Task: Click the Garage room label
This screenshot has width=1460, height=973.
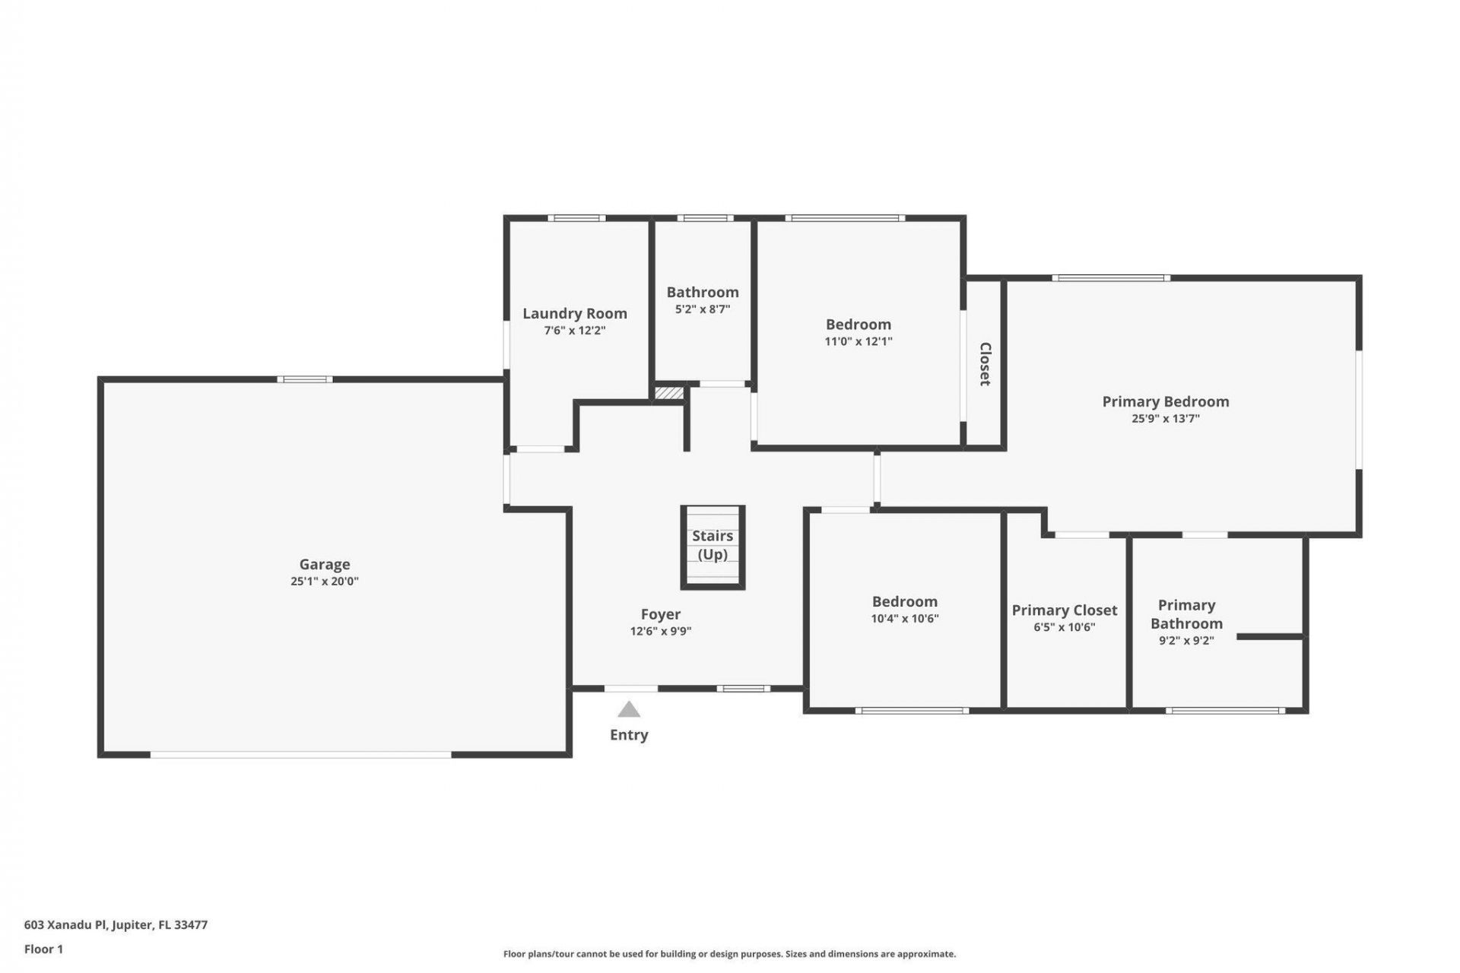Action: (325, 564)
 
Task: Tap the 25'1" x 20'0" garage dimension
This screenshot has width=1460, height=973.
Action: (325, 582)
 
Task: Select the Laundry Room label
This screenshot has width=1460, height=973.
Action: (575, 313)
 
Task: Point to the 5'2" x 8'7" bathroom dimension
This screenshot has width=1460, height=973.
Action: (703, 309)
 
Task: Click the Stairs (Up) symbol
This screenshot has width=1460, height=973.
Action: (713, 547)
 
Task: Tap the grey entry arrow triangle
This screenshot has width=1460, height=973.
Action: (629, 710)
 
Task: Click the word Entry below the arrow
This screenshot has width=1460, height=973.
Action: (629, 735)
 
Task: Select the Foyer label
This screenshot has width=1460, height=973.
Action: (660, 614)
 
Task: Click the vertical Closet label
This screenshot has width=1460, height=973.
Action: (985, 364)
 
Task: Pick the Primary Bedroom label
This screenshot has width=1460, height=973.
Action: (1166, 401)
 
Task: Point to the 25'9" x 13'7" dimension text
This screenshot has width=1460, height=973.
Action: (1166, 419)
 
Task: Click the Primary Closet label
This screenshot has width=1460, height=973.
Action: (1064, 610)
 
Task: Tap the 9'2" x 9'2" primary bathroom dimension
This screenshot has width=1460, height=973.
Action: (1186, 641)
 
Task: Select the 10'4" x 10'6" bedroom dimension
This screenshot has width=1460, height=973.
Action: (905, 619)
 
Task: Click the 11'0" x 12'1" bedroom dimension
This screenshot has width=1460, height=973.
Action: (859, 341)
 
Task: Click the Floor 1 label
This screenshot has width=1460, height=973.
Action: (43, 949)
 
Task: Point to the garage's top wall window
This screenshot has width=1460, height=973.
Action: (304, 379)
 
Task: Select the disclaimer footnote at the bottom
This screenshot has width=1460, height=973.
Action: (729, 954)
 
